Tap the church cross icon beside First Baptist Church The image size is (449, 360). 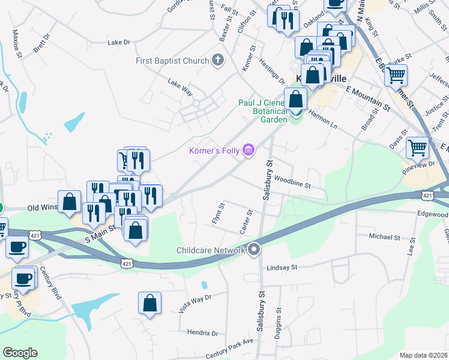tap(217, 60)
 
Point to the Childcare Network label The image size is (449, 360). tap(211, 250)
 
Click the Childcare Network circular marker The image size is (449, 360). tap(254, 249)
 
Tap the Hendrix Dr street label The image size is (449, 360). tap(202, 332)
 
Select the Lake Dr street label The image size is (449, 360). tap(118, 43)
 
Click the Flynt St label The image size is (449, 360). tap(218, 214)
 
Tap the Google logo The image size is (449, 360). tap(20, 353)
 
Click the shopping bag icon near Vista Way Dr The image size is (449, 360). tap(149, 304)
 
